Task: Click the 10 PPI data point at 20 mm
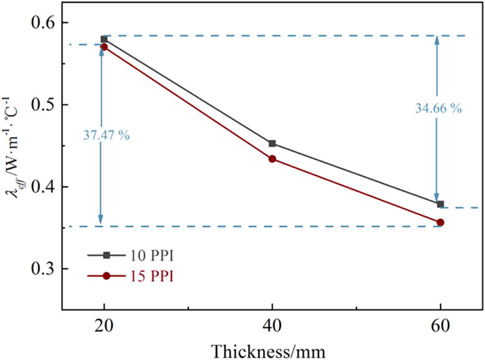click(x=104, y=39)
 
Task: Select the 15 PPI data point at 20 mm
click(x=104, y=46)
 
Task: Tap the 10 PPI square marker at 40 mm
click(x=272, y=143)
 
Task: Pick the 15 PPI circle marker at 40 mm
click(x=272, y=159)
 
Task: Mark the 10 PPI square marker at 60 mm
click(x=440, y=204)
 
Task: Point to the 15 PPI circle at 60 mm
click(x=440, y=222)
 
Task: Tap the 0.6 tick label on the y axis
click(x=40, y=23)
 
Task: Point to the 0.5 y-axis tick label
click(x=40, y=105)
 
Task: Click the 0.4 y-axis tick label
click(x=40, y=187)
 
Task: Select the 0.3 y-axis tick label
click(x=40, y=270)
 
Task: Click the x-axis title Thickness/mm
click(x=273, y=350)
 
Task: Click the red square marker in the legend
click(x=107, y=276)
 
